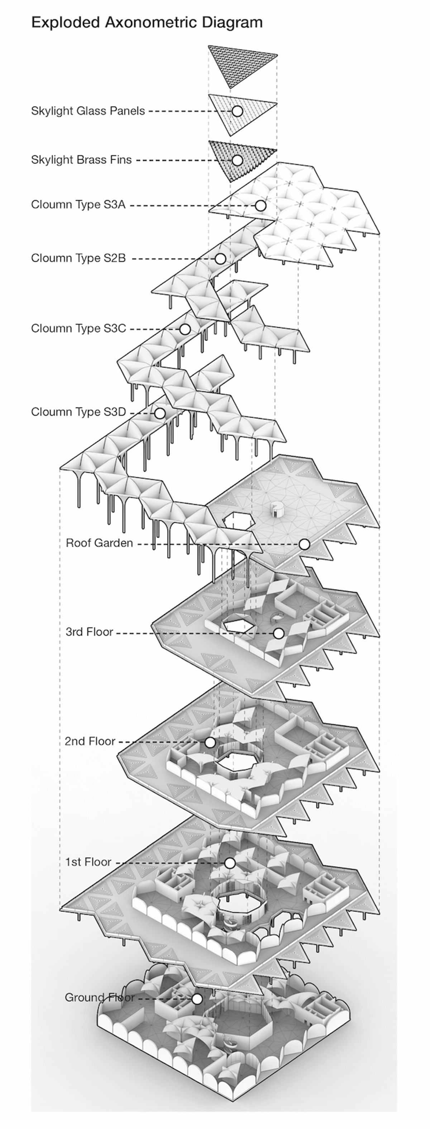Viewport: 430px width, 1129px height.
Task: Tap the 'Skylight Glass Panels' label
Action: pyautogui.click(x=88, y=111)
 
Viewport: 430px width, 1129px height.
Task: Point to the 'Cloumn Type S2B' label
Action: pyautogui.click(x=78, y=258)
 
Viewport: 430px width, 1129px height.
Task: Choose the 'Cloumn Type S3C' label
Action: pyautogui.click(x=78, y=328)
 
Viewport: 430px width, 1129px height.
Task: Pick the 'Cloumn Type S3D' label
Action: pyautogui.click(x=78, y=412)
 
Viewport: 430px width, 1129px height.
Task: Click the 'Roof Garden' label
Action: pyautogui.click(x=99, y=543)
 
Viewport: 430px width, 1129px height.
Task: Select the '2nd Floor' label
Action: pyautogui.click(x=90, y=741)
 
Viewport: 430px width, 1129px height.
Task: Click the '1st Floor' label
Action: pyautogui.click(x=88, y=862)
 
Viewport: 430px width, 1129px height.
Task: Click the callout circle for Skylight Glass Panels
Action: pyautogui.click(x=237, y=111)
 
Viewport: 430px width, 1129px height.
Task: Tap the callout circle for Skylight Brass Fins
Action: pyautogui.click(x=237, y=160)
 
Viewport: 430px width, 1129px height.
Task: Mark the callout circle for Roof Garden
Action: pyautogui.click(x=304, y=544)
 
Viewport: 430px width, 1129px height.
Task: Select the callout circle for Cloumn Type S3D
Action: pyautogui.click(x=159, y=413)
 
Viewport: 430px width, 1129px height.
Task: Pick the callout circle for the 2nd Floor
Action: pyautogui.click(x=210, y=743)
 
